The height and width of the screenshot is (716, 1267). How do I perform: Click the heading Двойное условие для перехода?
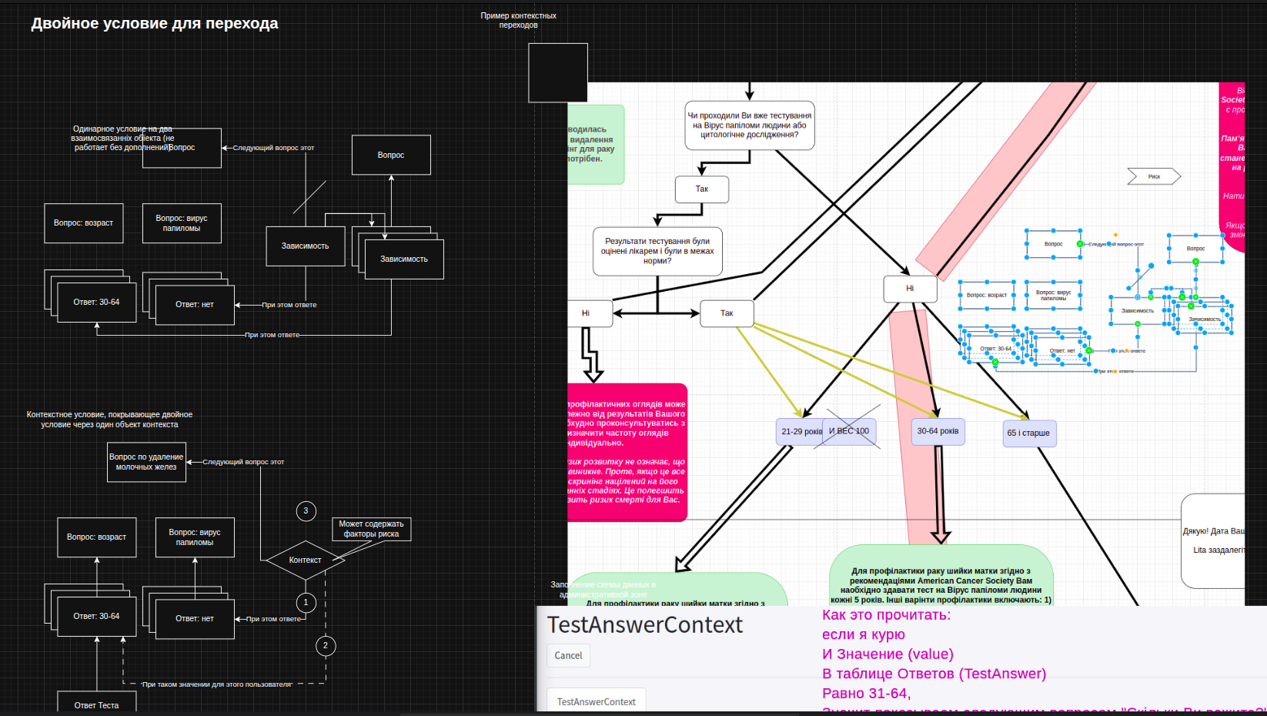[x=155, y=24]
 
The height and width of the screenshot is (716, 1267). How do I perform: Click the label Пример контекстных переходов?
[x=518, y=20]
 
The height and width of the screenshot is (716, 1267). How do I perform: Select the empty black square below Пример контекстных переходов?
[x=558, y=72]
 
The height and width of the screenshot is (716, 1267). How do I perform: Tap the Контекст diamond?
[x=305, y=560]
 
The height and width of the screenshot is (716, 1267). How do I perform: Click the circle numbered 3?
[x=306, y=510]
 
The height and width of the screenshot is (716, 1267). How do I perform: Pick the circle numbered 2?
[x=326, y=645]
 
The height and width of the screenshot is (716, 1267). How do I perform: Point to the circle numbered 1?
[x=306, y=602]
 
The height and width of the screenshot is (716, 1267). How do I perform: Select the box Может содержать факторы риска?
[x=371, y=529]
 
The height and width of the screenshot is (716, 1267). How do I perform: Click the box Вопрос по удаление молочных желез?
[x=146, y=462]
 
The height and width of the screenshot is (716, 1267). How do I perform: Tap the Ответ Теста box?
[x=97, y=704]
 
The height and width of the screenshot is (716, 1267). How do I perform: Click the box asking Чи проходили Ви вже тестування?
[x=749, y=125]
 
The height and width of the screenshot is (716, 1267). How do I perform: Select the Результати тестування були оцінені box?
[x=657, y=251]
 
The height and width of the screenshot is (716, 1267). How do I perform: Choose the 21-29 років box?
[x=801, y=432]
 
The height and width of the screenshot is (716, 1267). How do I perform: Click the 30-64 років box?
[x=938, y=431]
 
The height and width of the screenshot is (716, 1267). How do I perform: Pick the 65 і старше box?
[x=1028, y=433]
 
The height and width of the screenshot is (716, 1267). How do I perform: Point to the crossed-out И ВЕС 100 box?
[x=850, y=431]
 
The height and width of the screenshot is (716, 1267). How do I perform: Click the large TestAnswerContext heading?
[x=645, y=625]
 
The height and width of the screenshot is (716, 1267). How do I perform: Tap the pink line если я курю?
[x=863, y=634]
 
